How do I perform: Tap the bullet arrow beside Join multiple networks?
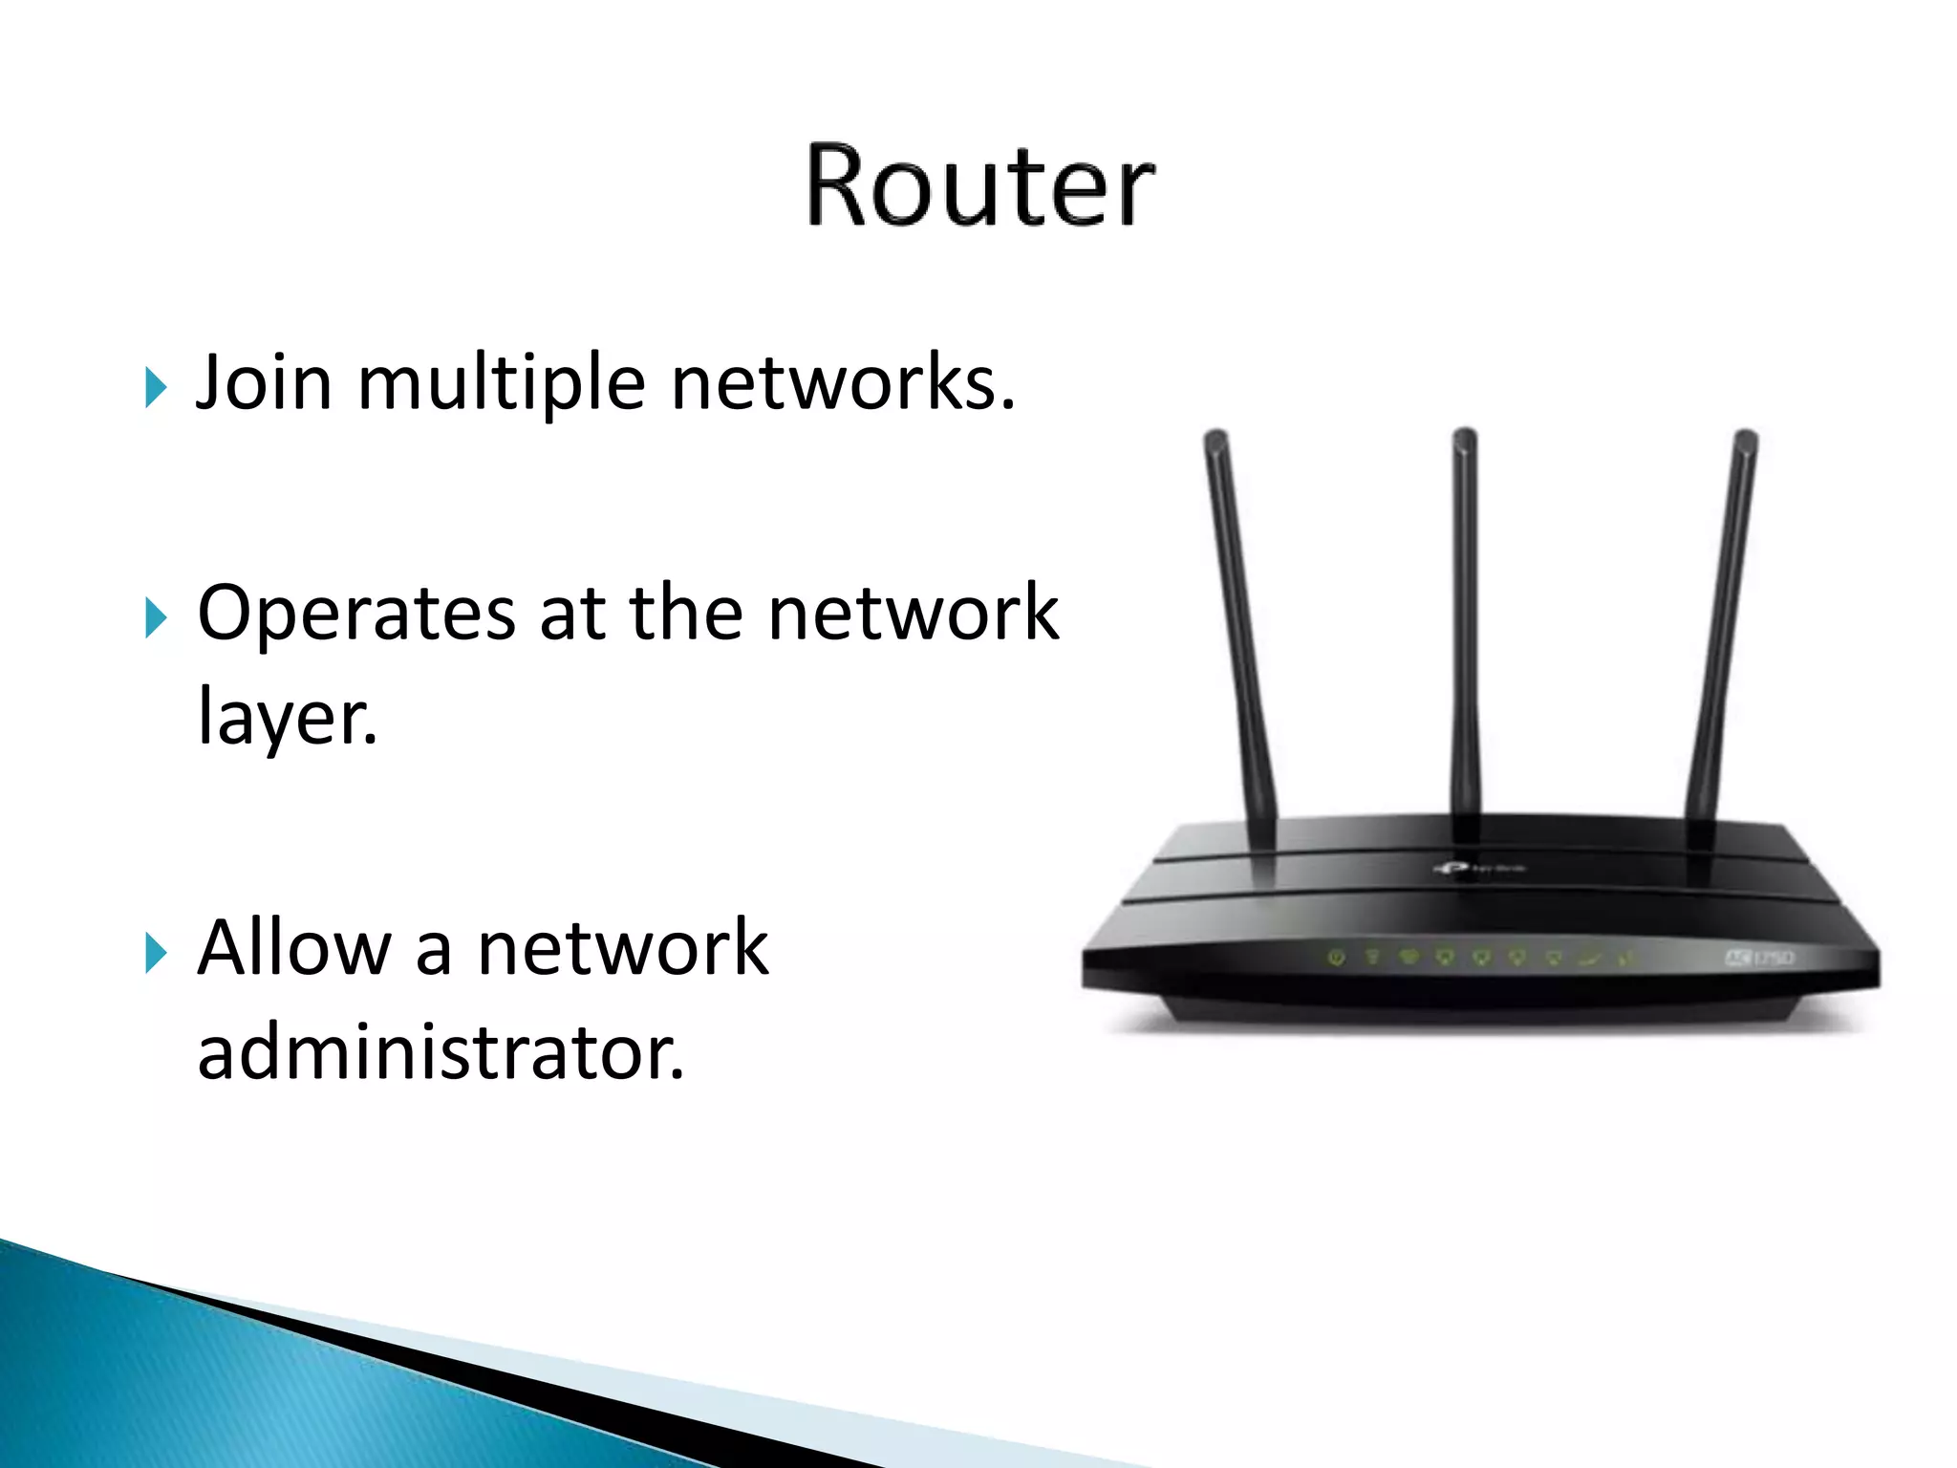tap(156, 388)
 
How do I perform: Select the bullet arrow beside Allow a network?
tap(156, 953)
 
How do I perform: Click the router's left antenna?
tap(1239, 621)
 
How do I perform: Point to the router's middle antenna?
tap(1465, 621)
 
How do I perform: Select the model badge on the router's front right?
tap(1759, 957)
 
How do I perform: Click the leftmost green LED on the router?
tap(1337, 957)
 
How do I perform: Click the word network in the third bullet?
tap(622, 947)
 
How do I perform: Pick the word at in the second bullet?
tap(571, 615)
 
